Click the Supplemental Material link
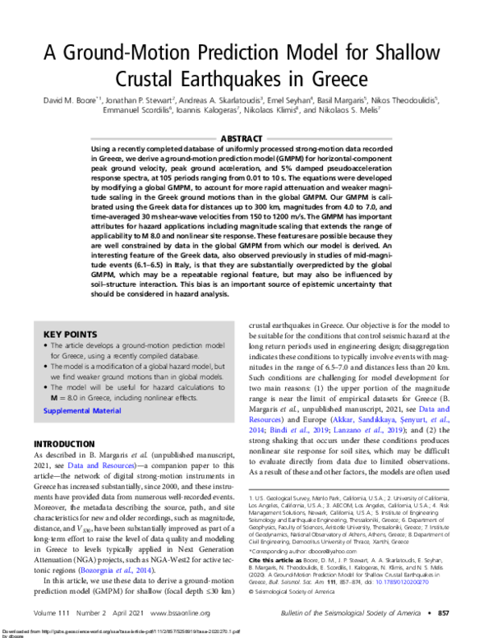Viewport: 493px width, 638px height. pyautogui.click(x=81, y=409)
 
